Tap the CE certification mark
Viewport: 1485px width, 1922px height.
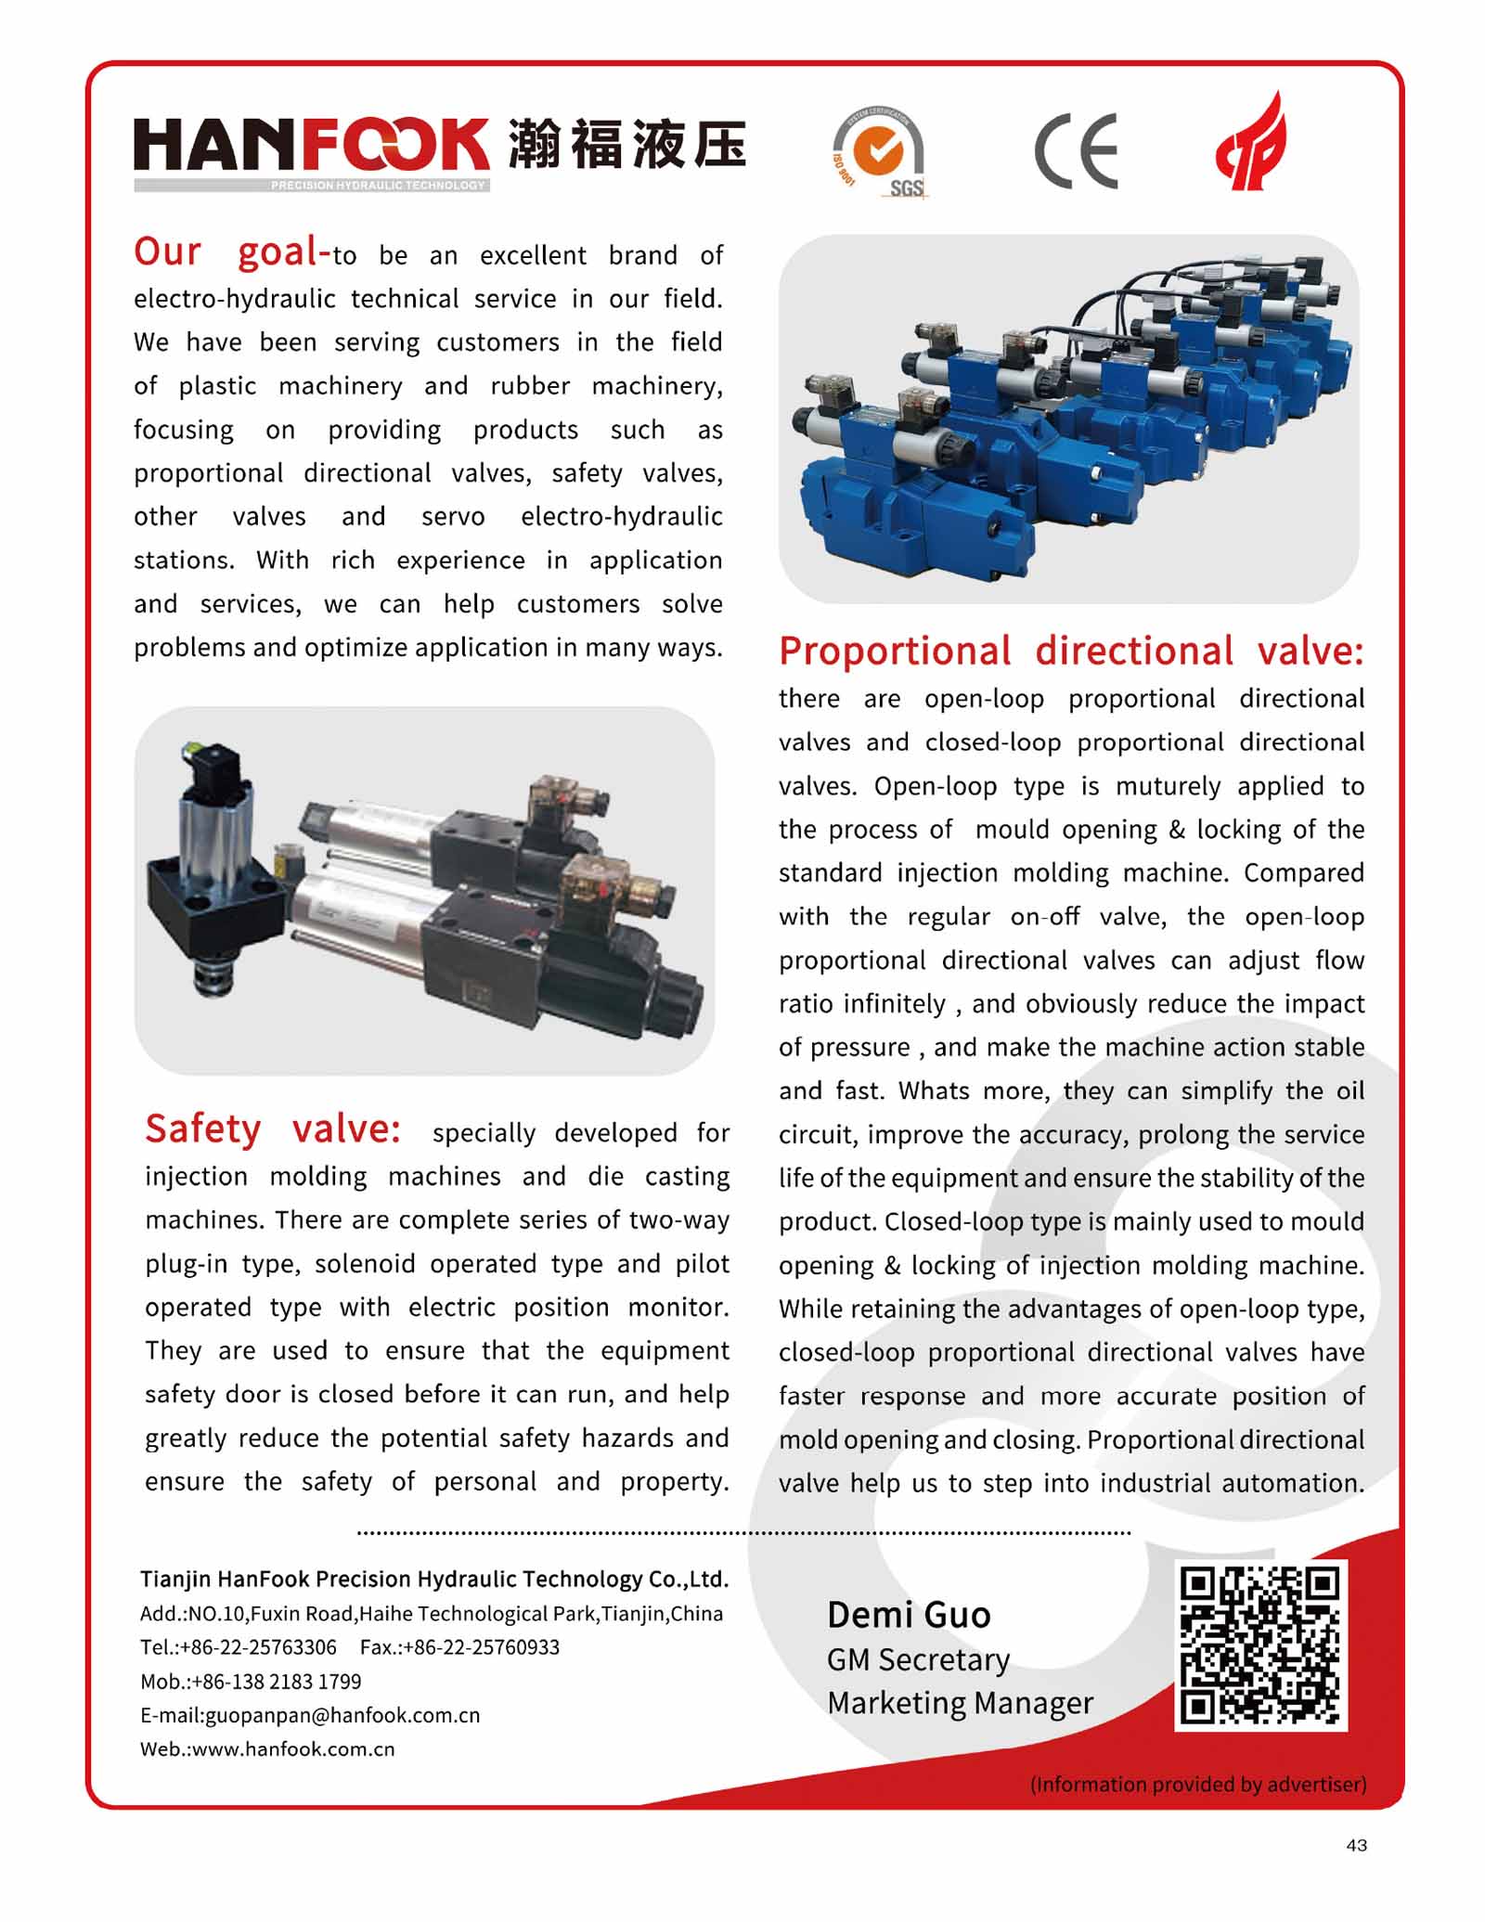pyautogui.click(x=1076, y=150)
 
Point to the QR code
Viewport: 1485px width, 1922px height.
pyautogui.click(x=1260, y=1645)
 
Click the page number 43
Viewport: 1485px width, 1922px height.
pyautogui.click(x=1356, y=1845)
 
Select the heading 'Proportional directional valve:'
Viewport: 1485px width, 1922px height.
pyautogui.click(x=1071, y=651)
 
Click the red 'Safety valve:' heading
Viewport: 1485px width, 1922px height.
pyautogui.click(x=273, y=1129)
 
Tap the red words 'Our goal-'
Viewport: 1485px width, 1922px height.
pyautogui.click(x=231, y=252)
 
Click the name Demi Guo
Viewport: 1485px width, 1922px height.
pyautogui.click(x=909, y=1615)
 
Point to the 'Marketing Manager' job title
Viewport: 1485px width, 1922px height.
pyautogui.click(x=960, y=1703)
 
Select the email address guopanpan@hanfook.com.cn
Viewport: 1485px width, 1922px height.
pyautogui.click(x=342, y=1715)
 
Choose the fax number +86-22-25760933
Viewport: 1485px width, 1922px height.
pyautogui.click(x=481, y=1647)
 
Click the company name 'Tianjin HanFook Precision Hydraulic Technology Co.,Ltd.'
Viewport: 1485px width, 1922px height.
pyautogui.click(x=433, y=1579)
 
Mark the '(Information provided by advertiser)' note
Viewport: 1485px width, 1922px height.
pyautogui.click(x=1197, y=1784)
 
